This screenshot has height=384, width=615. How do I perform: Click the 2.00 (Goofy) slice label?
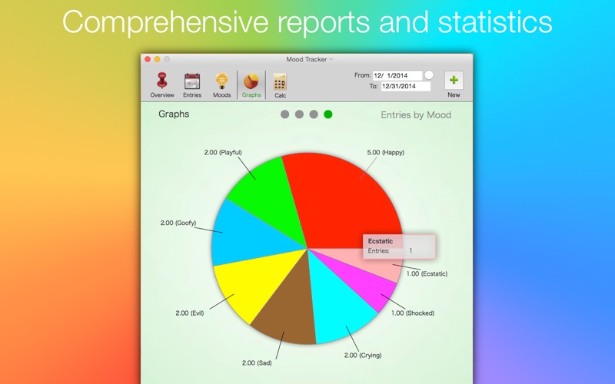coord(178,223)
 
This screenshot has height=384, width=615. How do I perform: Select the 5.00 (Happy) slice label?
coord(386,152)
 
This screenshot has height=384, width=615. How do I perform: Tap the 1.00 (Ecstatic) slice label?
coord(427,274)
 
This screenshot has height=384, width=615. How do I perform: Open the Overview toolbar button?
coord(162,84)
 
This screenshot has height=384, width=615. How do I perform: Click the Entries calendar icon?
coord(192,81)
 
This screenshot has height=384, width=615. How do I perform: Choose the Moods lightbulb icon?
coord(221,81)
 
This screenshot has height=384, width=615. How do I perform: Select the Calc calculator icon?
coord(280,81)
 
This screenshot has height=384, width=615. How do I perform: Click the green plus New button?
coord(454,81)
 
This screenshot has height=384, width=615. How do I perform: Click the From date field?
coord(397,75)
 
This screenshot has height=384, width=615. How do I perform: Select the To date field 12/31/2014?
coord(406,86)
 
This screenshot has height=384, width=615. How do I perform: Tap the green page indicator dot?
coord(328,114)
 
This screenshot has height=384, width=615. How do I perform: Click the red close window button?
coord(148,59)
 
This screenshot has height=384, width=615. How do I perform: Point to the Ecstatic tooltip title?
coord(381,241)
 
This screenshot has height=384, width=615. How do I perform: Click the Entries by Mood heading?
coord(416,114)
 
